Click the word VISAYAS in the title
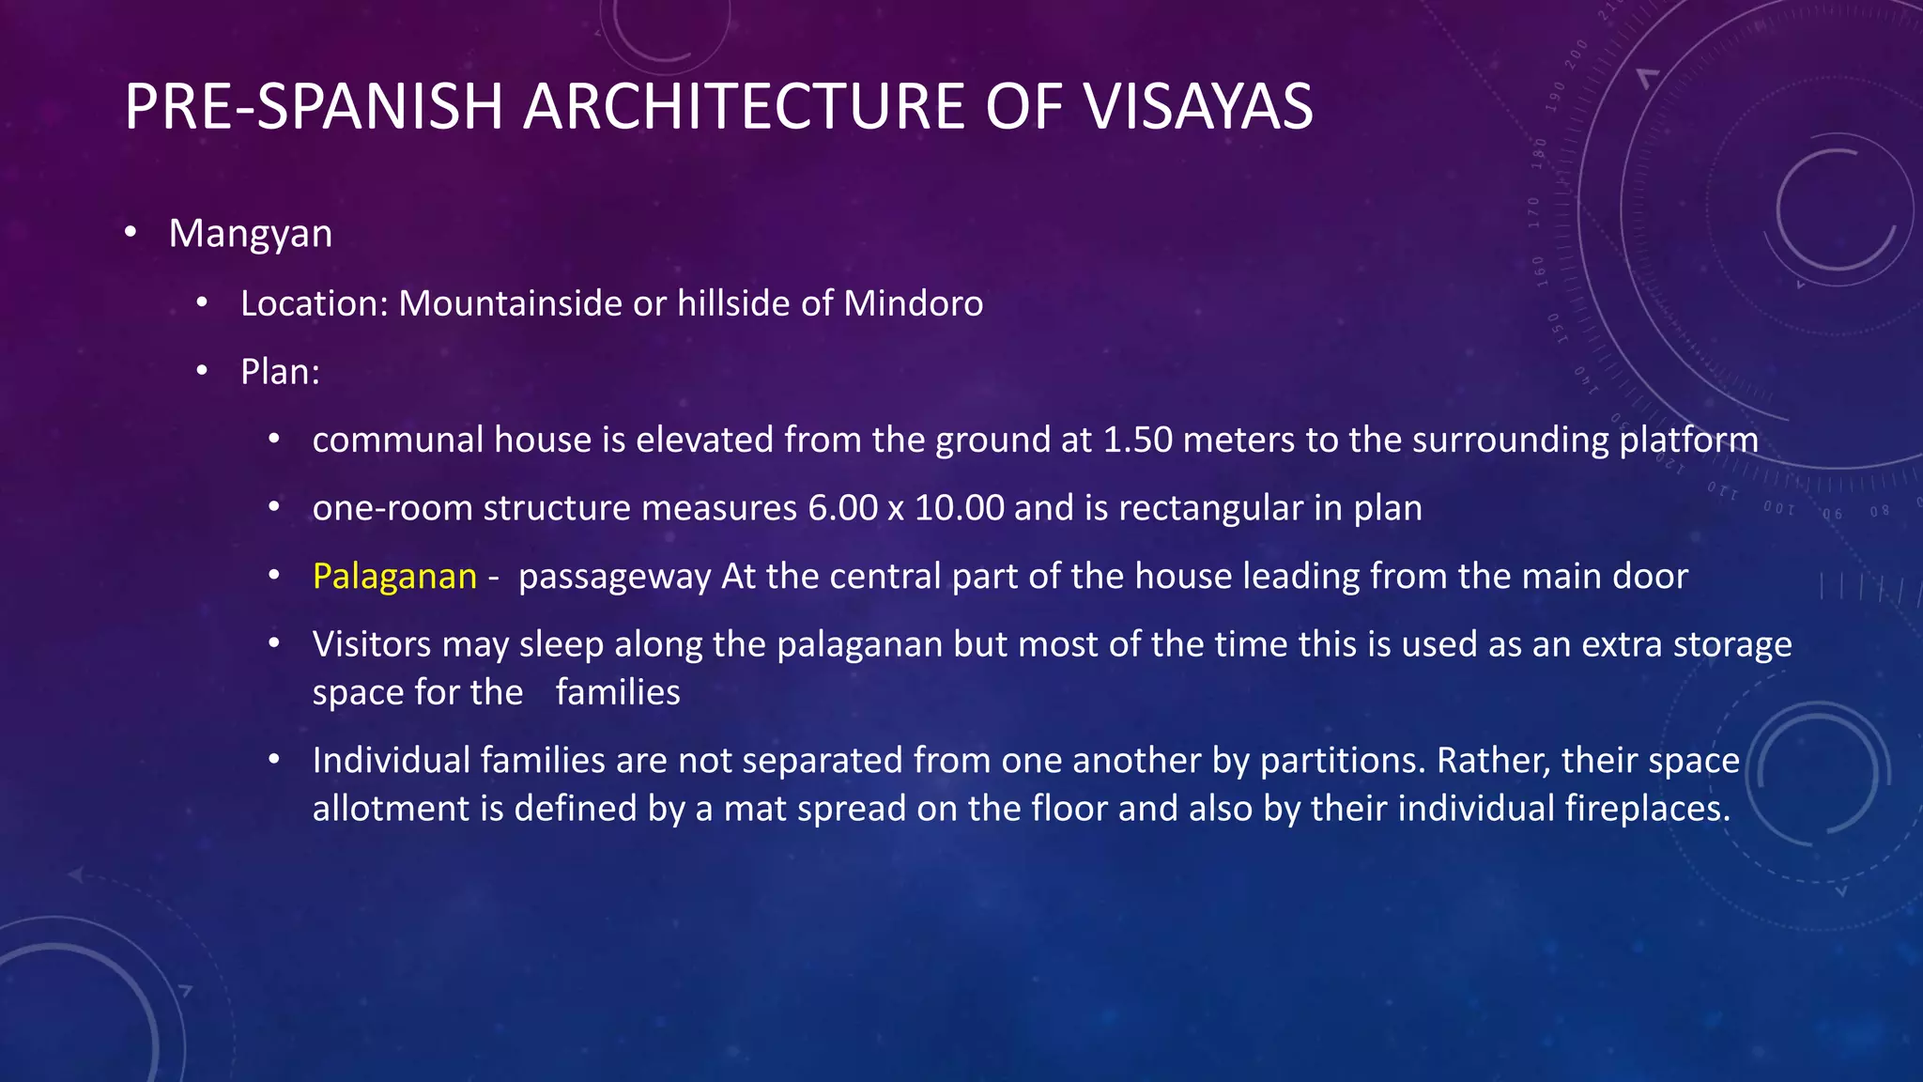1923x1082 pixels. click(x=1198, y=106)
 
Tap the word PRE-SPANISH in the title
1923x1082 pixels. click(x=314, y=106)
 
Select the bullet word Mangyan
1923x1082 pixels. click(x=250, y=234)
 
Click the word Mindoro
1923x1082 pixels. click(x=913, y=303)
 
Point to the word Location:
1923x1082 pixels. click(x=314, y=303)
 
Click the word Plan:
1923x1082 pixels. click(x=280, y=372)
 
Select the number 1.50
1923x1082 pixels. click(x=1137, y=440)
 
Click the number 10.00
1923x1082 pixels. click(x=959, y=508)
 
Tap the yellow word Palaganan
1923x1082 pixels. click(x=394, y=576)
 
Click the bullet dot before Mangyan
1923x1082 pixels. click(x=131, y=232)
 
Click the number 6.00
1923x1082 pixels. click(x=842, y=508)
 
